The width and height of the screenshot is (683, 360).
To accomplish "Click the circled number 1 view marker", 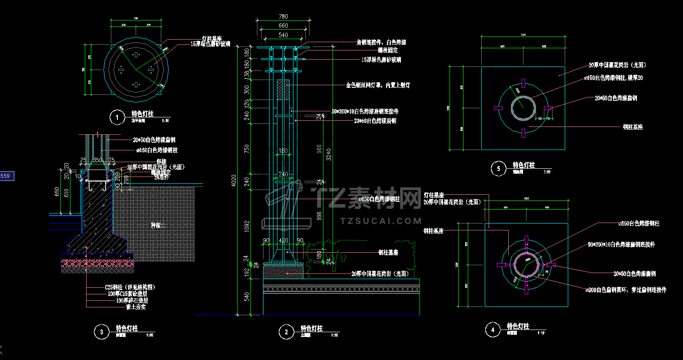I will click(117, 117).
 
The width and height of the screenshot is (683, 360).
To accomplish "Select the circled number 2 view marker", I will click(286, 332).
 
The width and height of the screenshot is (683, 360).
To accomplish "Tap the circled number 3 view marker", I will click(102, 332).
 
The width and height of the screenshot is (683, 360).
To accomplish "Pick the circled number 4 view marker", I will click(493, 330).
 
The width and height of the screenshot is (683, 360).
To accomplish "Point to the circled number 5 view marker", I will click(499, 168).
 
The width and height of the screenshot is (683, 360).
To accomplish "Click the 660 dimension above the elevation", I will click(283, 26).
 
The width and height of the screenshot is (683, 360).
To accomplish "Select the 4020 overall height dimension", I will click(234, 180).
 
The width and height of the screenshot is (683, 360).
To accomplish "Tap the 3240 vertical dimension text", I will click(329, 154).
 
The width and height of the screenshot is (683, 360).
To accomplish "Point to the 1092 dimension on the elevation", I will click(247, 226).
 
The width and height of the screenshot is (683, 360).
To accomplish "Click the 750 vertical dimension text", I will click(247, 149).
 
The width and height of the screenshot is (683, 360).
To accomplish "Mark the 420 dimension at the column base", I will click(283, 240).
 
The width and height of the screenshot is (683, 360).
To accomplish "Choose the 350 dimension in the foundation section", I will click(97, 160).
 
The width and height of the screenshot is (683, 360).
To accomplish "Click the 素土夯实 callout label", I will click(136, 307).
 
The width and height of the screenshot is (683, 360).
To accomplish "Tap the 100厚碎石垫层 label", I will click(132, 300).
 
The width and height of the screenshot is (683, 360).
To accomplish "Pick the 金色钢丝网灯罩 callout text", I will click(377, 85).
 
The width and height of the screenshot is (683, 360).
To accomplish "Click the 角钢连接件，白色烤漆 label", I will click(381, 42).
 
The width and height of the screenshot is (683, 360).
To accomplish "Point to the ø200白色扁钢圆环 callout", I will click(626, 290).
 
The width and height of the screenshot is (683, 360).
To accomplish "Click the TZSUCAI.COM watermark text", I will click(381, 221).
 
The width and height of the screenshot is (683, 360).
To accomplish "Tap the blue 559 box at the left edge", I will click(7, 176).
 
